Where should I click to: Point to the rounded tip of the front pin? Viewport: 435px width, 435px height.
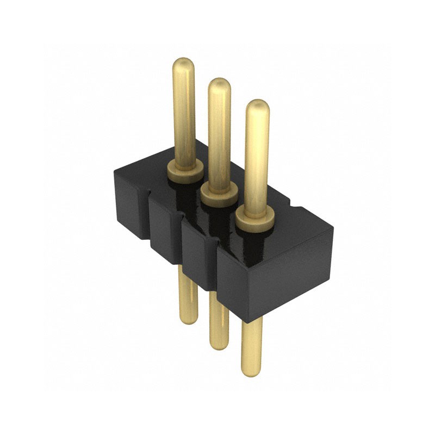point(257,107)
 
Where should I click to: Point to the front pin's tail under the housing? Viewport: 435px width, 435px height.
point(251,348)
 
